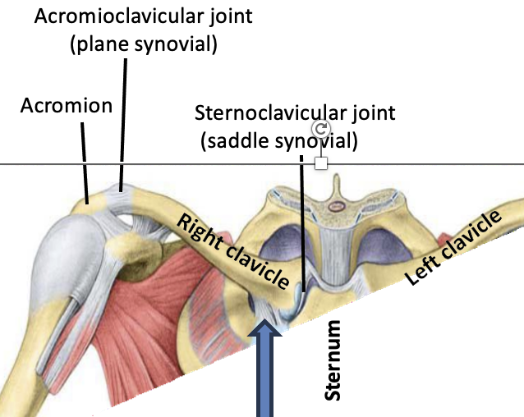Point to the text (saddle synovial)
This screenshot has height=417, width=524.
point(278,140)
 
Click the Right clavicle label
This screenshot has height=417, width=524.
point(233,251)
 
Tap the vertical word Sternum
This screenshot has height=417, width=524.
point(332,360)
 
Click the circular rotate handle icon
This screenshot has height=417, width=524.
point(321,129)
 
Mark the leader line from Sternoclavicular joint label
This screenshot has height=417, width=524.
point(301,222)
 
